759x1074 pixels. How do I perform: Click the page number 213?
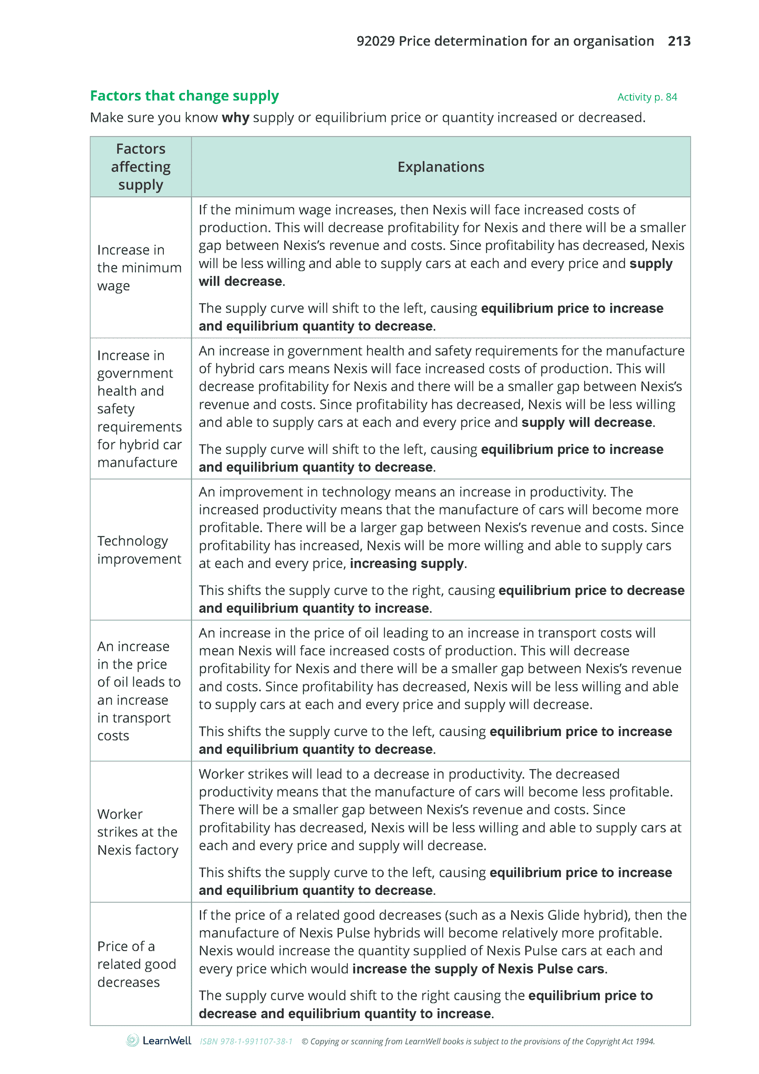click(x=679, y=41)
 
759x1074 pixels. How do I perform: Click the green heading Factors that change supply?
click(x=184, y=96)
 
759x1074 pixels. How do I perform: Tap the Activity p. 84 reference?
click(x=647, y=97)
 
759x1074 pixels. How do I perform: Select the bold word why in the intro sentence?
click(x=235, y=118)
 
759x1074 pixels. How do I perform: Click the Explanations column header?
click(x=440, y=167)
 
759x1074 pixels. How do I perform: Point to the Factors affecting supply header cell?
click(x=140, y=167)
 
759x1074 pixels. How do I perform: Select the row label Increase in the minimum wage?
click(x=139, y=268)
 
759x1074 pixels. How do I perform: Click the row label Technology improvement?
click(x=139, y=550)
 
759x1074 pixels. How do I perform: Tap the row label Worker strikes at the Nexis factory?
click(x=138, y=832)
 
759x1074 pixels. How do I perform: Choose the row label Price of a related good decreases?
click(x=137, y=964)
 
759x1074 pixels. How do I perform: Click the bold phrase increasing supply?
click(x=407, y=564)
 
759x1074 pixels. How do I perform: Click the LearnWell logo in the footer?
click(x=159, y=1041)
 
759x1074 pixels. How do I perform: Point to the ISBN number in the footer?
click(x=246, y=1041)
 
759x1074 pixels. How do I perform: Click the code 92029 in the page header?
click(x=375, y=41)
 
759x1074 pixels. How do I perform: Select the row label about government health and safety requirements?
click(x=139, y=409)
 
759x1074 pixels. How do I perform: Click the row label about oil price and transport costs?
click(x=139, y=691)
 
